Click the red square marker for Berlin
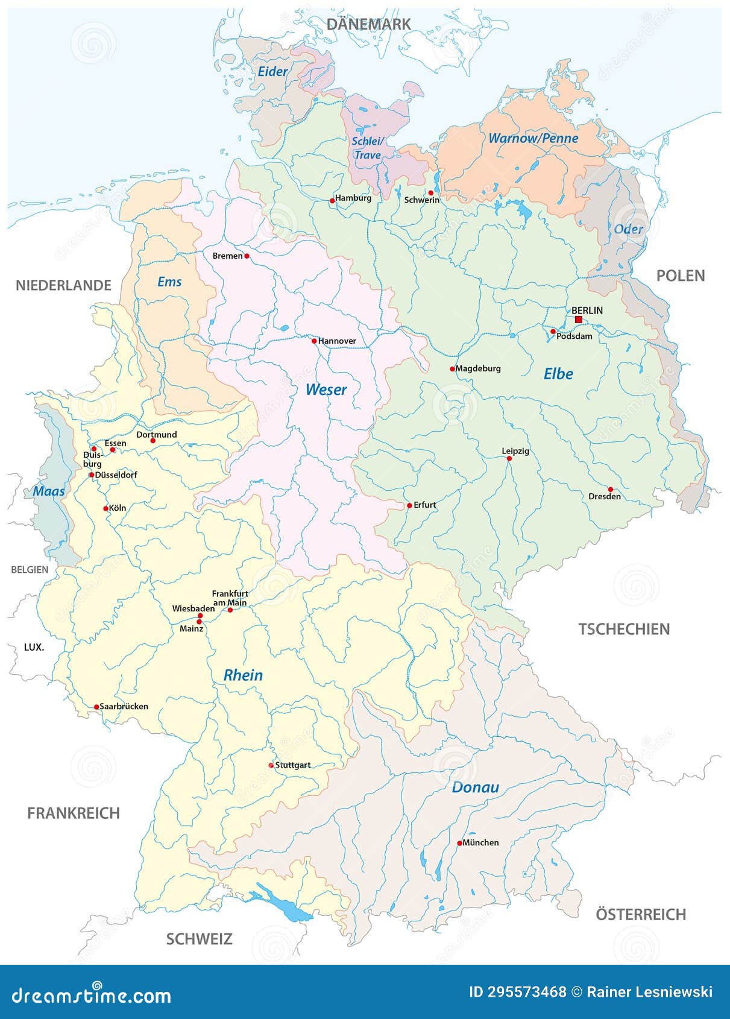(x=579, y=320)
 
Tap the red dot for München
(x=459, y=843)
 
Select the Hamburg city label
(x=353, y=198)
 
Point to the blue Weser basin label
(x=326, y=390)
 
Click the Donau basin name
(x=476, y=787)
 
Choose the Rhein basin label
(x=243, y=675)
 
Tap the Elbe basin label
(x=558, y=374)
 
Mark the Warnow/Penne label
(x=533, y=138)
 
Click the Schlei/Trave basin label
(x=368, y=148)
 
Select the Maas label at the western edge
(x=49, y=491)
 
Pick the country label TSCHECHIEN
(x=624, y=629)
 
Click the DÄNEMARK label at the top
(x=368, y=24)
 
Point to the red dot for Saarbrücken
(x=96, y=707)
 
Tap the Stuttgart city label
(x=292, y=765)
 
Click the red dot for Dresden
(x=610, y=490)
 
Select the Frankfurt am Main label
(x=230, y=598)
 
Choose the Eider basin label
(x=272, y=71)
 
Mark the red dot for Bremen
(x=247, y=256)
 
